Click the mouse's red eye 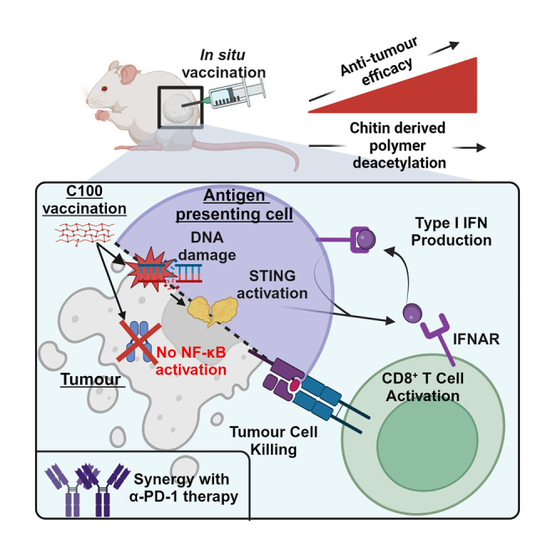click(x=104, y=89)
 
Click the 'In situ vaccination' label click(x=224, y=64)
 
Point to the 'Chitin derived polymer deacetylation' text click(x=398, y=145)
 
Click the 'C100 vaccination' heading click(x=84, y=200)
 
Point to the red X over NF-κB click(x=139, y=342)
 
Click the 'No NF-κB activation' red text click(x=191, y=361)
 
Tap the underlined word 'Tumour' click(x=91, y=379)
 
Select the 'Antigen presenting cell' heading click(x=234, y=205)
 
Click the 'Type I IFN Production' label click(x=451, y=232)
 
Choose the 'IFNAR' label click(x=476, y=339)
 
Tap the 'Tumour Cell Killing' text click(x=273, y=440)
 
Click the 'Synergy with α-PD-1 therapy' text click(x=183, y=487)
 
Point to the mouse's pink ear click(x=127, y=74)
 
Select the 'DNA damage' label click(x=207, y=246)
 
